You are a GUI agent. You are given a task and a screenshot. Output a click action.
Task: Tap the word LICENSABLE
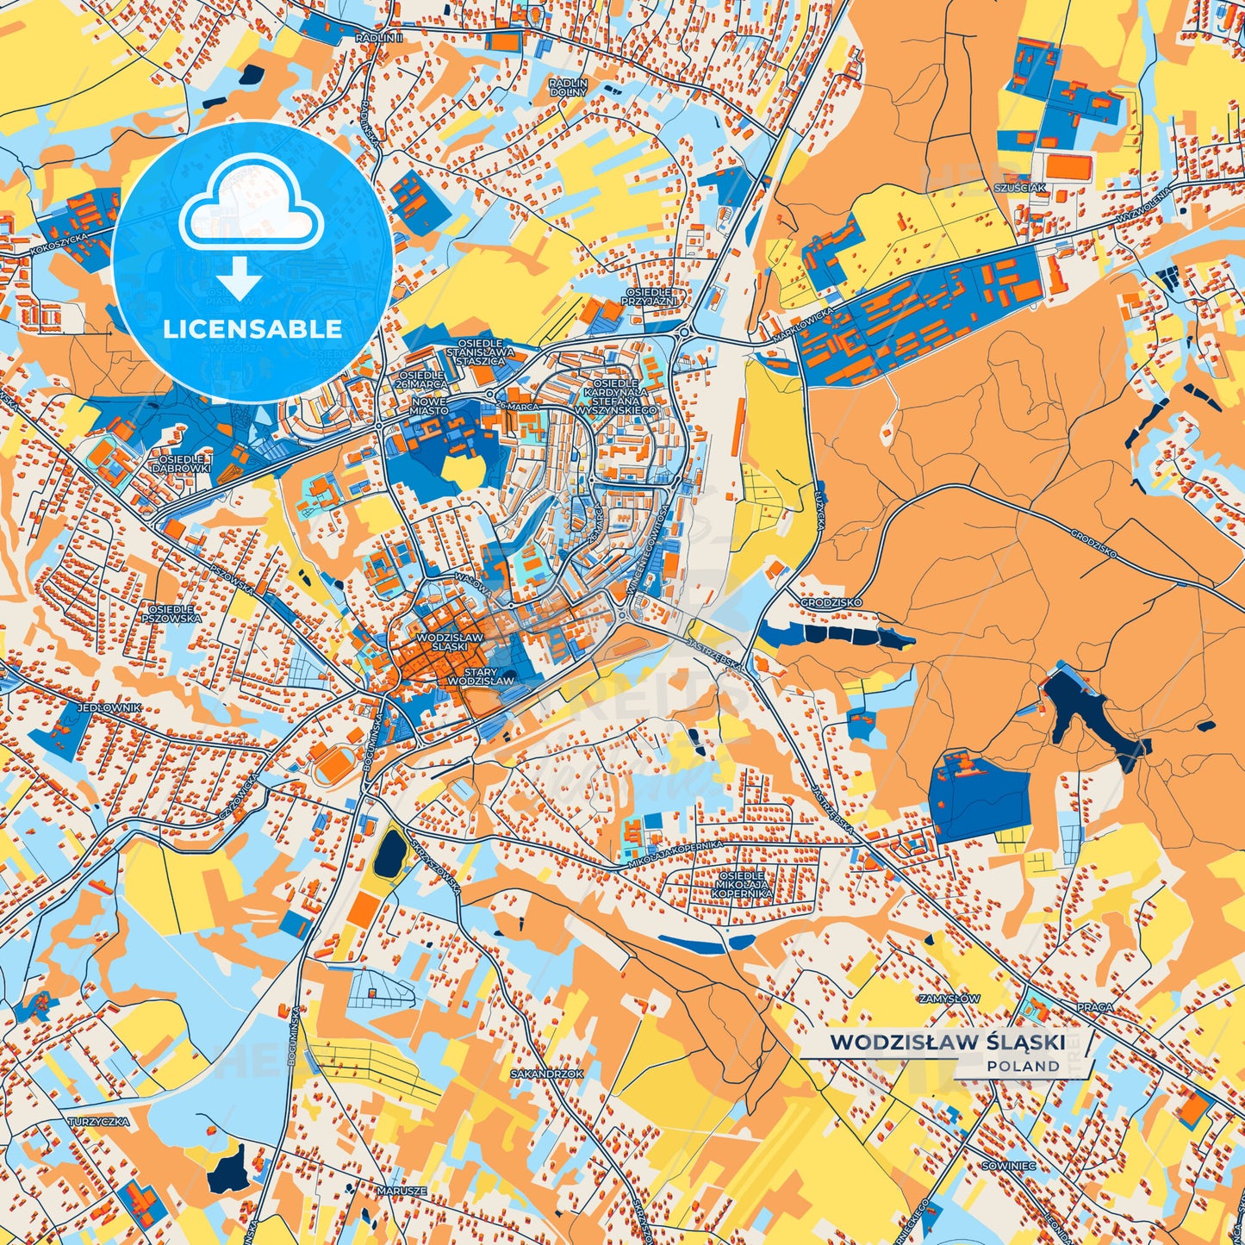pyautogui.click(x=252, y=329)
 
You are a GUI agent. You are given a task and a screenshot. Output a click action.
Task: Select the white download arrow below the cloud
pyautogui.click(x=240, y=278)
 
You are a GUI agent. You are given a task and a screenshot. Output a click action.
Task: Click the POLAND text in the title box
pyautogui.click(x=1024, y=1066)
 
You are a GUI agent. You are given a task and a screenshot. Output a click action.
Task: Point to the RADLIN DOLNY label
pyautogui.click(x=568, y=87)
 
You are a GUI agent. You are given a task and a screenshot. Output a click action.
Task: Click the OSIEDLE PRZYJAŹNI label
pyautogui.click(x=652, y=297)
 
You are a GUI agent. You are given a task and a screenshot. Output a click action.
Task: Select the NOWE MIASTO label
pyautogui.click(x=429, y=406)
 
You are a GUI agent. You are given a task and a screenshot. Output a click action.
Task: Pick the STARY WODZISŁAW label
pyautogui.click(x=481, y=676)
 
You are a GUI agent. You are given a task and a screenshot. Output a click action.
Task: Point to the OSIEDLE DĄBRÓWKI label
pyautogui.click(x=181, y=464)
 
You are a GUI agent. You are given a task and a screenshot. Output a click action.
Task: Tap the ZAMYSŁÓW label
pyautogui.click(x=949, y=999)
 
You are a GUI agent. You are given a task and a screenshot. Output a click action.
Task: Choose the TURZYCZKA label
pyautogui.click(x=99, y=1122)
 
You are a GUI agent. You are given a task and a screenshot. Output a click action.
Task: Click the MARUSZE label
pyautogui.click(x=402, y=1191)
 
